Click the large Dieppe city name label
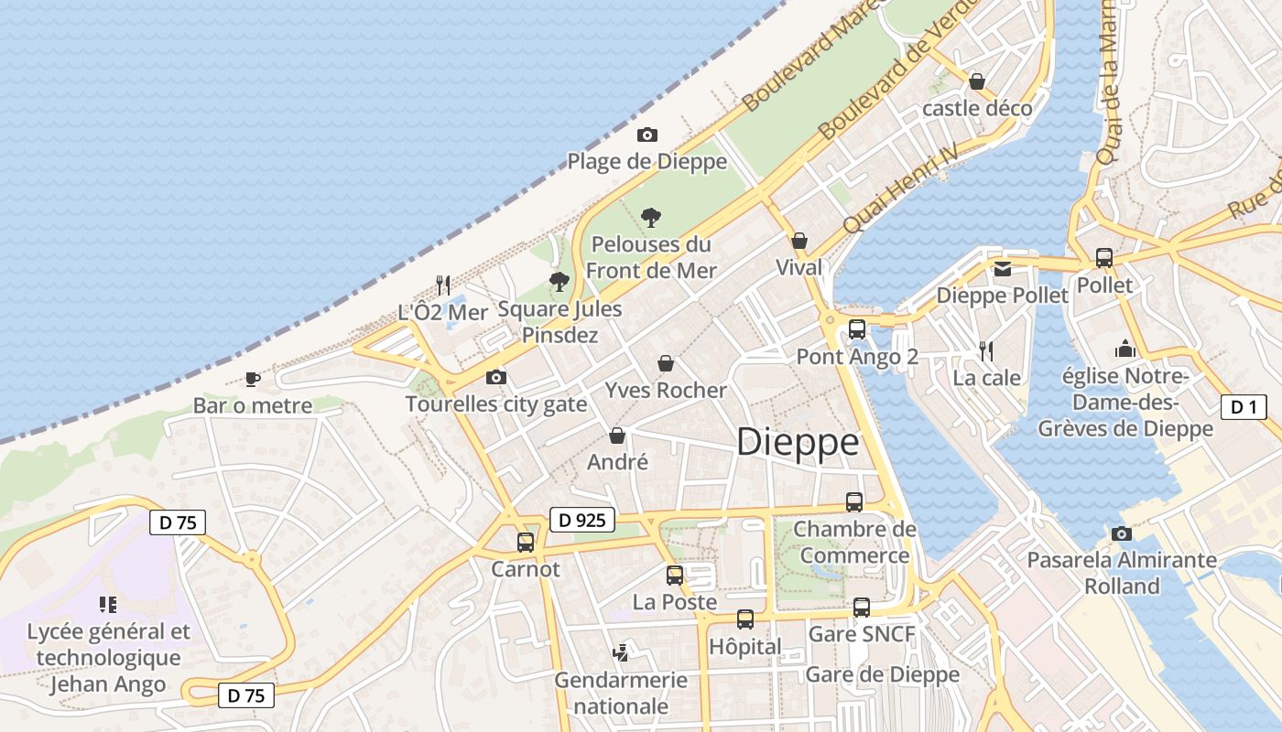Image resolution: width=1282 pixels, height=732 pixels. click(x=798, y=443)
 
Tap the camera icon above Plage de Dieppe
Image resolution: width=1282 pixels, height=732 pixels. click(x=647, y=135)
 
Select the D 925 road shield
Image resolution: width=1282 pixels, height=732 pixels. click(x=582, y=521)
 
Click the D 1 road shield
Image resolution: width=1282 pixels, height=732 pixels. click(x=1244, y=407)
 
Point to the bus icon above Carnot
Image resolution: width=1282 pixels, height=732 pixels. click(x=525, y=542)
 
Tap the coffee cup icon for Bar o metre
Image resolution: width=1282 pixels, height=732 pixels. click(x=252, y=379)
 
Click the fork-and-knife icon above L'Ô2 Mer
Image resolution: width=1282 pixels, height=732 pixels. click(x=443, y=285)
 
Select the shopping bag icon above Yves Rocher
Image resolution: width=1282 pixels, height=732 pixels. click(x=666, y=363)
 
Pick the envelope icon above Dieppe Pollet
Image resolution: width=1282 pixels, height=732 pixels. click(x=1003, y=269)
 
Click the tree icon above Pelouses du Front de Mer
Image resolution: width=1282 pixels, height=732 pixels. click(x=651, y=218)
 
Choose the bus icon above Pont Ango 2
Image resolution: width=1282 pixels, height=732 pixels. click(x=857, y=329)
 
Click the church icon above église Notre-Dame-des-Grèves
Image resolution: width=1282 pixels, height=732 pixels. click(x=1125, y=349)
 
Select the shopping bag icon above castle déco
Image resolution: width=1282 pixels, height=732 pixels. click(x=977, y=81)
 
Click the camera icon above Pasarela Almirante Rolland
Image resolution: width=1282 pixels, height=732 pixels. click(x=1122, y=533)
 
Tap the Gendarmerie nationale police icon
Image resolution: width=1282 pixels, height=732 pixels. click(x=621, y=652)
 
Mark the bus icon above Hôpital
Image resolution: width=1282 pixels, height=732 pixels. click(x=745, y=619)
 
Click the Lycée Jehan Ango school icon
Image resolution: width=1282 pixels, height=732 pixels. click(x=108, y=604)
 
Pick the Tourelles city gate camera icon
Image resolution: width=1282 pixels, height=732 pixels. click(x=495, y=377)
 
